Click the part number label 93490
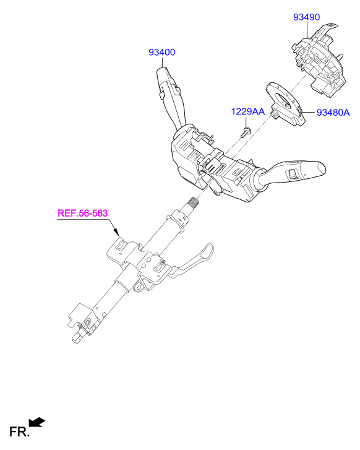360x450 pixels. click(x=306, y=17)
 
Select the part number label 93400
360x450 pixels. click(x=162, y=52)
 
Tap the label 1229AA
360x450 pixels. click(x=248, y=111)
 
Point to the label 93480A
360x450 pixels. click(x=333, y=113)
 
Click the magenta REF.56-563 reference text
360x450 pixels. click(x=83, y=213)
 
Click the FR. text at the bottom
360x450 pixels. click(x=19, y=432)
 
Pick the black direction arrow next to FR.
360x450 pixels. click(x=37, y=422)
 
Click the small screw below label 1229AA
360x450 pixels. click(x=246, y=132)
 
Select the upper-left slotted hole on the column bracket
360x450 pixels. click(x=122, y=245)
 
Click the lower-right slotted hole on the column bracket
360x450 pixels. click(x=158, y=268)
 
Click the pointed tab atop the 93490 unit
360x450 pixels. click(x=330, y=27)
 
